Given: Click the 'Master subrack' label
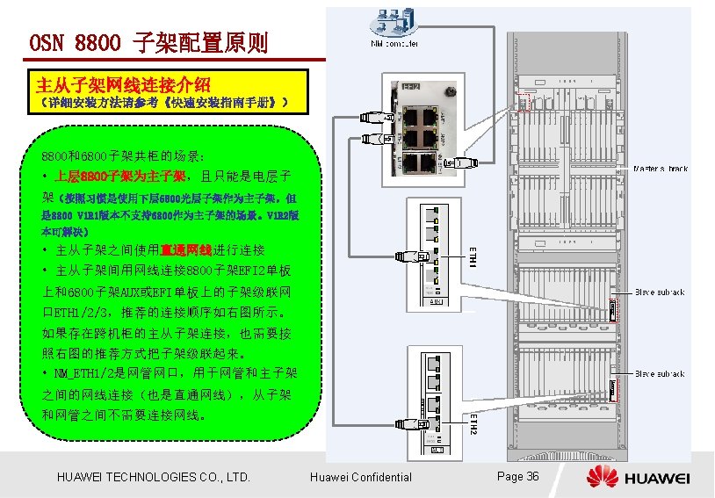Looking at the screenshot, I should click(x=661, y=168).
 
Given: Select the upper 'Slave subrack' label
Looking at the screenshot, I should click(x=660, y=292).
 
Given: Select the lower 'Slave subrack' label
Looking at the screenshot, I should click(x=660, y=373).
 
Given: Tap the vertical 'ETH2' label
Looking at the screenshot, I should click(x=472, y=422).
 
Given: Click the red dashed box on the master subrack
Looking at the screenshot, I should click(x=528, y=98).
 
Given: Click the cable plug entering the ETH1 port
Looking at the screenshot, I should click(x=423, y=256).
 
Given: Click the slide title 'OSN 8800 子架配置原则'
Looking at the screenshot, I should click(x=148, y=41).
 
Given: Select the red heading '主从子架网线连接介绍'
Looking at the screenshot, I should click(x=122, y=84).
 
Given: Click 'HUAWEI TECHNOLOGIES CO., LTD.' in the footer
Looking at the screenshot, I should click(x=153, y=477).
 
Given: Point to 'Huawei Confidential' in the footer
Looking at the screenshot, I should click(x=361, y=477).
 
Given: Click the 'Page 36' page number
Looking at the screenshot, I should click(x=517, y=476).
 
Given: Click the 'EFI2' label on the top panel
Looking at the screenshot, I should click(x=411, y=87).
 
